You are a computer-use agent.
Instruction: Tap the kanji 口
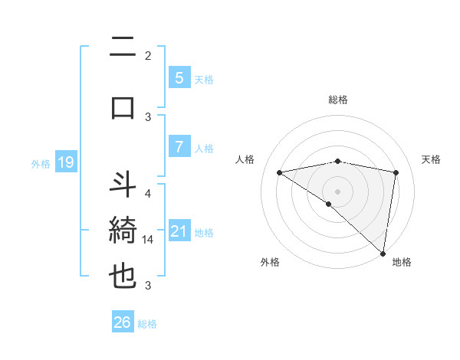coord(123,107)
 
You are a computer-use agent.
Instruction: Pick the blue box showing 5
coord(179,77)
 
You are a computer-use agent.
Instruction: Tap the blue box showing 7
coord(179,147)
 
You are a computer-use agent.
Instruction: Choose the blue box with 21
coord(179,231)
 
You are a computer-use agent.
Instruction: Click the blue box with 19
coord(65,162)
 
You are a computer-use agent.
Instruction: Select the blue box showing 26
coord(122,322)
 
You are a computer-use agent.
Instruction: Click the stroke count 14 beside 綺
coord(148,239)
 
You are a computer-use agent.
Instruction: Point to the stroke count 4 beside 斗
coord(148,193)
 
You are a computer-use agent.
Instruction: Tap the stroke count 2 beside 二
coord(148,55)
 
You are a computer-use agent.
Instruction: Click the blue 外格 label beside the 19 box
coord(41,163)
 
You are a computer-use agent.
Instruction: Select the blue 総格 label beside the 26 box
coord(147,323)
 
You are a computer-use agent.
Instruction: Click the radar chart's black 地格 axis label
coord(402,262)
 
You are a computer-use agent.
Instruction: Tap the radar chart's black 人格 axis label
coord(245,159)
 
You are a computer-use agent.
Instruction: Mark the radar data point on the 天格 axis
coord(396,172)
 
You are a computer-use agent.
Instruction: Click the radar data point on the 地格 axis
coord(383,253)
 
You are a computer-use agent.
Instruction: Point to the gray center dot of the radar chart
coord(337,190)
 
